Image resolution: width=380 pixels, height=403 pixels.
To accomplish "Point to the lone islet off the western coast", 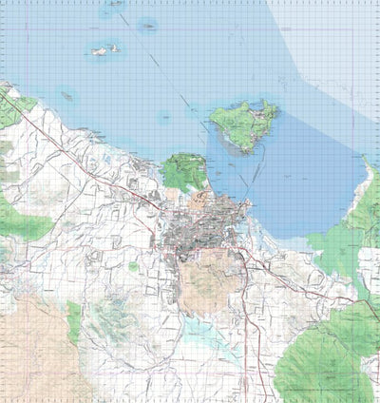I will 67,94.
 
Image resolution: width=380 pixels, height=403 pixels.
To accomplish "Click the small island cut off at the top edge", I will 114,4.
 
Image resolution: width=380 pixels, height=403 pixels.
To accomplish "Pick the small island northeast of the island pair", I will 147,26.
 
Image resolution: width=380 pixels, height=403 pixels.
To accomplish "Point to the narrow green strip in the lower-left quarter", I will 74,323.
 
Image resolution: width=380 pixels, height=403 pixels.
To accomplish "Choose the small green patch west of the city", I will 133,267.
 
